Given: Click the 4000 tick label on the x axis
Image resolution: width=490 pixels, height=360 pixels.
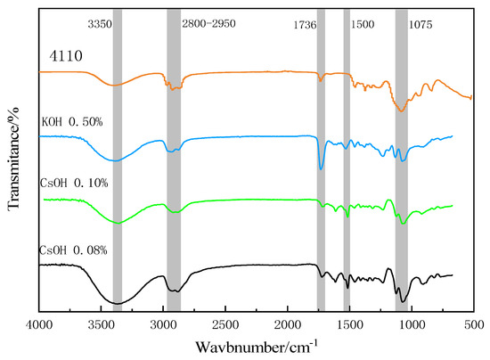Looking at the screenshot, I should (x=38, y=326).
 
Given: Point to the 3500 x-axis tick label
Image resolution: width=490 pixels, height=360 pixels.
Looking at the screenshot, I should (x=101, y=326).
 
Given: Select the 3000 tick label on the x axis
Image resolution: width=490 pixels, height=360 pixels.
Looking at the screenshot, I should (x=163, y=326).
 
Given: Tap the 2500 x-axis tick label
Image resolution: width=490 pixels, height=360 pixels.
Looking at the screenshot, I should (x=225, y=326).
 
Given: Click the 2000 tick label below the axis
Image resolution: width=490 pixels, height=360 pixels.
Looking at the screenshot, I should (x=287, y=326).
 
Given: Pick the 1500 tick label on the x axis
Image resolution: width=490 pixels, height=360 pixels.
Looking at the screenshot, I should (x=348, y=326).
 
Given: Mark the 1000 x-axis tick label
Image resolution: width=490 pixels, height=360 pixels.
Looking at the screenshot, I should (x=411, y=326).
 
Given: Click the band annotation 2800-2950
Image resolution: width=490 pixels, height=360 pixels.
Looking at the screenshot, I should (x=209, y=27).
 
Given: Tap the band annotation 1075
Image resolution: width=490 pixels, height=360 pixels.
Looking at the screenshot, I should (x=420, y=27).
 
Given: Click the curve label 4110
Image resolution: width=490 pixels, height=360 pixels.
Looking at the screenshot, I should (x=65, y=56).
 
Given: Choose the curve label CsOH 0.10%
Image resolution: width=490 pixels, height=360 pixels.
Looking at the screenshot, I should (x=74, y=183).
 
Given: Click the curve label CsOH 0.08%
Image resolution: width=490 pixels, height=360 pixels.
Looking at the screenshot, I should (x=74, y=249).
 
